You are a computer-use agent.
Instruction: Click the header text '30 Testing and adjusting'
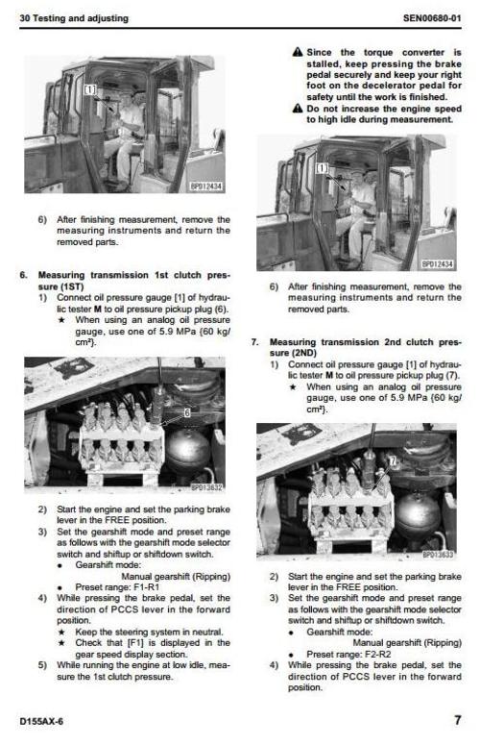(74, 18)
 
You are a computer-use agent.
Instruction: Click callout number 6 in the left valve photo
(186, 411)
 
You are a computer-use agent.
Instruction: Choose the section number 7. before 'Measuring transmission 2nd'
(253, 341)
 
